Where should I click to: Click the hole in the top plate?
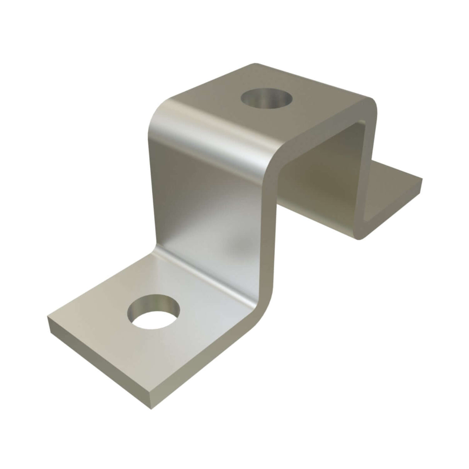point(266,97)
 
